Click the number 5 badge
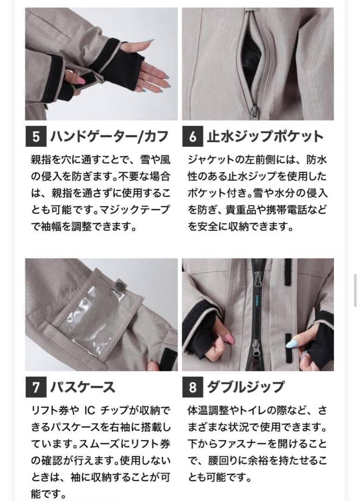coord(36,136)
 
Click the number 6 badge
coord(193,136)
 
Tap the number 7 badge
coord(36,387)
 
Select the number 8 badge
coord(193,387)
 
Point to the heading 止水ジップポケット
coord(264,136)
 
